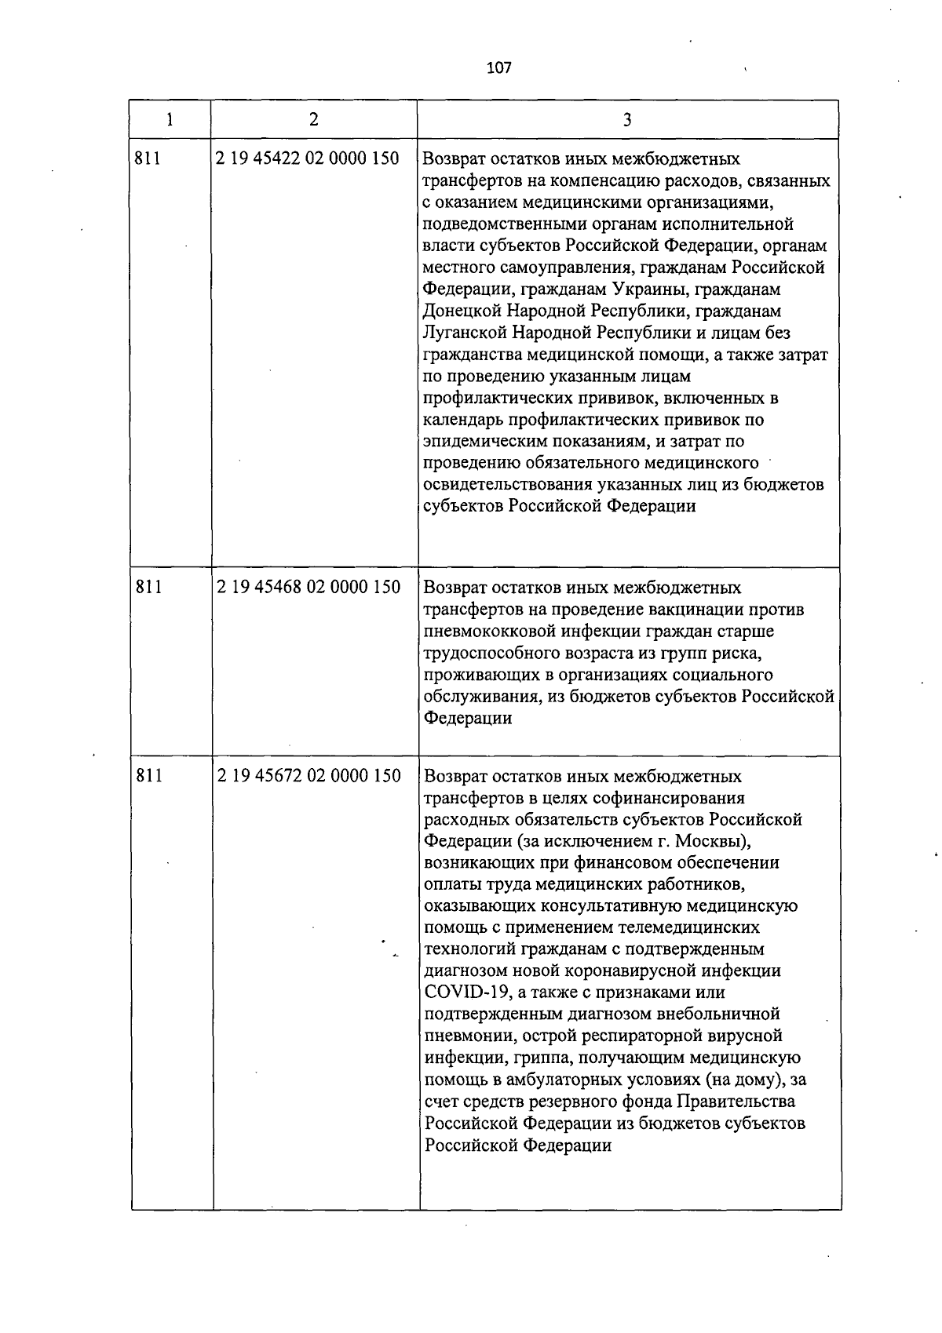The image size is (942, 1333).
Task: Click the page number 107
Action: coord(498,68)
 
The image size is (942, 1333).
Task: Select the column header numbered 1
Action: coord(170,119)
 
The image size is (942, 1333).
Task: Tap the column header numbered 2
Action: coord(314,119)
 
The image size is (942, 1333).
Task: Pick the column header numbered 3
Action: coord(627,119)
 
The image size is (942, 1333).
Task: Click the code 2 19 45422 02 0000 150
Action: coord(308,158)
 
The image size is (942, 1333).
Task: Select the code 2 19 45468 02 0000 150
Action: coord(308,587)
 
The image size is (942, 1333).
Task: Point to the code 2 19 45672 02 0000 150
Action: coord(308,776)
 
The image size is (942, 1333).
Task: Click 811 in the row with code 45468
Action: coord(149,587)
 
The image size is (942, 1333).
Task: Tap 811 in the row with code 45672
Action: coord(149,776)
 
